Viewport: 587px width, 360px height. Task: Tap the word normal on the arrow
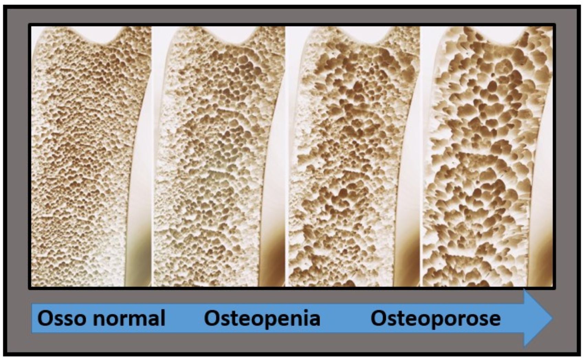129,318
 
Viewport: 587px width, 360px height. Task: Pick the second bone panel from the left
219,156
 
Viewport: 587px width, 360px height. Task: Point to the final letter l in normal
163,318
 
